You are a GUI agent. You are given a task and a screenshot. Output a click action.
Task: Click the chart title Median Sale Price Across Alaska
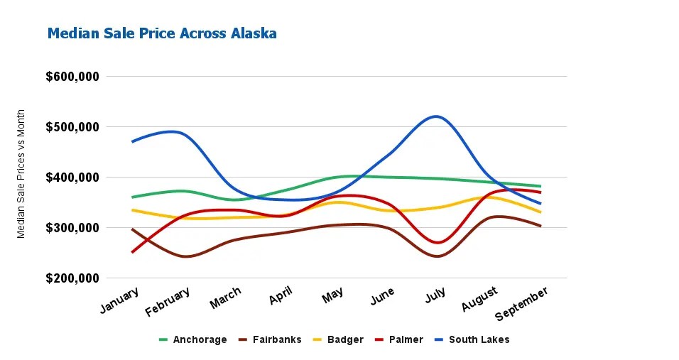162,33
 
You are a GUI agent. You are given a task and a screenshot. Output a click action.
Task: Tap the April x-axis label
281,295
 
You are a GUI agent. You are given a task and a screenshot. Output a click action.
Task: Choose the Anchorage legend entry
192,339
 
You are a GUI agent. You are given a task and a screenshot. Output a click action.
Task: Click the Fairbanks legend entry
270,339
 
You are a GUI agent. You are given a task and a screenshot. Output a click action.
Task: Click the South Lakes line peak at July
435,116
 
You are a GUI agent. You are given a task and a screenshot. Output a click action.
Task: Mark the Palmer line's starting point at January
132,251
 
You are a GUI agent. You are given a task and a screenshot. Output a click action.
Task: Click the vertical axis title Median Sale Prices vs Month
21,174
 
